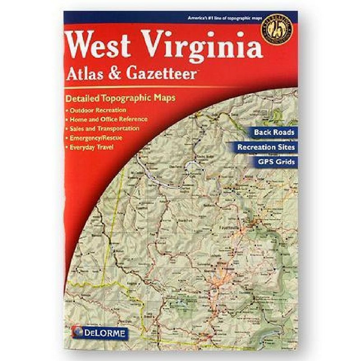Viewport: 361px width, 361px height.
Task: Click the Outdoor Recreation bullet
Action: pos(97,110)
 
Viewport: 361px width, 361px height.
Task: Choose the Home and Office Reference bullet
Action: pos(108,119)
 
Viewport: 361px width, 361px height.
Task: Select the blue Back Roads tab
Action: pos(274,132)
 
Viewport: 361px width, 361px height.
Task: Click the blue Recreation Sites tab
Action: pos(267,147)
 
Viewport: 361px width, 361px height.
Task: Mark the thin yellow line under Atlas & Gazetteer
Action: pos(180,87)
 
